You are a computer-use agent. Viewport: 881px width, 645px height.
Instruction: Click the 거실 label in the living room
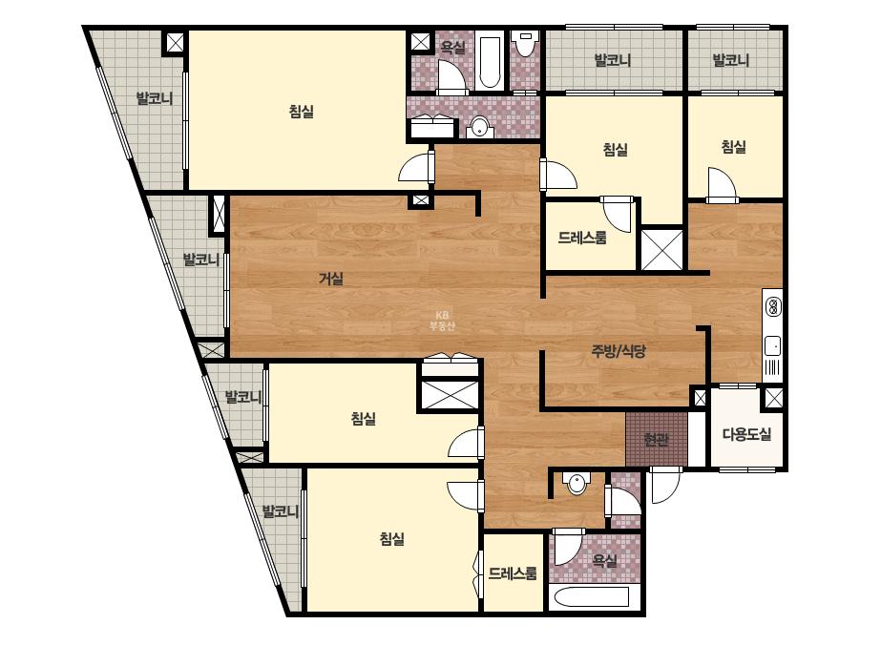click(x=331, y=278)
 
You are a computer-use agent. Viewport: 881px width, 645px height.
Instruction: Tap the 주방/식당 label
click(x=619, y=351)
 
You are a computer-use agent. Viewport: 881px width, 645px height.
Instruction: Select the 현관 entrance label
click(x=656, y=439)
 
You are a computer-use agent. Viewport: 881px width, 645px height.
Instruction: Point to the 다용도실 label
click(x=746, y=434)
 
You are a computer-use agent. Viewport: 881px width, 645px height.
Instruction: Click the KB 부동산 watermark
click(x=442, y=321)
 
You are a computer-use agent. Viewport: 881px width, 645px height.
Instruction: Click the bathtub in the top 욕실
click(x=489, y=62)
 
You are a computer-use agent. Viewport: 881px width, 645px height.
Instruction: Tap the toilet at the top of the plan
click(x=525, y=44)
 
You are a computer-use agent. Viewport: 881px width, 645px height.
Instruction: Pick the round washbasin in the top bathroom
click(x=479, y=127)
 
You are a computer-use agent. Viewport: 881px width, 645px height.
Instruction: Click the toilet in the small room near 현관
click(x=577, y=483)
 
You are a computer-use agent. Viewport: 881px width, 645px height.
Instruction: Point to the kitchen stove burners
click(x=773, y=307)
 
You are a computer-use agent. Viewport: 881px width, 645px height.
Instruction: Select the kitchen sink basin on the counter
click(x=772, y=345)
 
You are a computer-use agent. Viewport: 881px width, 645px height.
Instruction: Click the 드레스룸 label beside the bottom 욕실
click(x=513, y=573)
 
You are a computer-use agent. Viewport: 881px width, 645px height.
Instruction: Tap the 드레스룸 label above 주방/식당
click(x=582, y=237)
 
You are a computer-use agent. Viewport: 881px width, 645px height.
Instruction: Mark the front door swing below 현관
click(x=665, y=485)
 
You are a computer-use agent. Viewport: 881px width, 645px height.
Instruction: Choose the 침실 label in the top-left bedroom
click(x=302, y=112)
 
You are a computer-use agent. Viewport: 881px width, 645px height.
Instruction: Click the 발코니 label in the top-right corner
click(x=731, y=59)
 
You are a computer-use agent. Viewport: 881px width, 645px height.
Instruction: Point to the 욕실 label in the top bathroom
click(x=452, y=47)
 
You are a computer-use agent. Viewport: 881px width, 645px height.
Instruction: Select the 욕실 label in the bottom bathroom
click(x=605, y=560)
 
